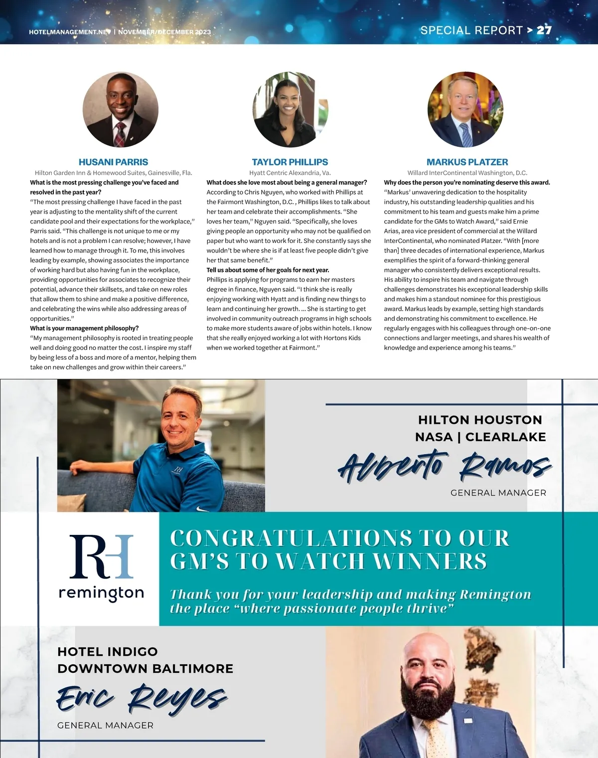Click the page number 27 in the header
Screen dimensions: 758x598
544,30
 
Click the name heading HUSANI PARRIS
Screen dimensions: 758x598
113,162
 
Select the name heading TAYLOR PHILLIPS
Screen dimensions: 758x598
290,162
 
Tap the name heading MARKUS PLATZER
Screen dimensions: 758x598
467,162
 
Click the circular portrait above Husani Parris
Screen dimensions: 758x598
121,110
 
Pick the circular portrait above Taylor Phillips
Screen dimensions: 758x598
291,110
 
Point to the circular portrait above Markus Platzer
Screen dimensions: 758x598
465,110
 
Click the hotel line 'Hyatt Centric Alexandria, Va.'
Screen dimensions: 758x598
290,173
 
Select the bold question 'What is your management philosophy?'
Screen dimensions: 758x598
84,328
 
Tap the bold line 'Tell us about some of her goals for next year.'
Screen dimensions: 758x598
268,270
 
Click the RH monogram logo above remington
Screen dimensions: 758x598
101,556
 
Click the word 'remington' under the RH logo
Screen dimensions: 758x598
101,593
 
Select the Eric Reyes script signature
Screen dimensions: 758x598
142,698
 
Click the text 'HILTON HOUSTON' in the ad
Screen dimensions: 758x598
480,420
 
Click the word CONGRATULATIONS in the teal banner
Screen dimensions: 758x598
291,538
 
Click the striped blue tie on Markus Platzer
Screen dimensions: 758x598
466,133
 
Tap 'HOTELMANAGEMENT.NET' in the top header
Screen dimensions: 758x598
69,32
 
